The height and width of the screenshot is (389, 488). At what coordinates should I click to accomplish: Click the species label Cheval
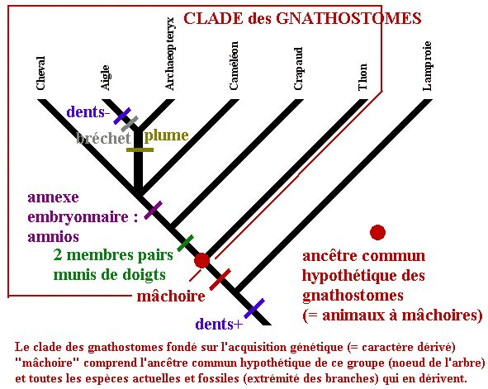click(40, 74)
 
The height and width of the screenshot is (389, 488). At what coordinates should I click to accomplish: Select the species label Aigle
click(106, 78)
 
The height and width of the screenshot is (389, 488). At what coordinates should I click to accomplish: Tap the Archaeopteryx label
click(169, 55)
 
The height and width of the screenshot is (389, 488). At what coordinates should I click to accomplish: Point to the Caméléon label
click(234, 66)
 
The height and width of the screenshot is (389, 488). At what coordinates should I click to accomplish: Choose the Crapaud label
click(298, 69)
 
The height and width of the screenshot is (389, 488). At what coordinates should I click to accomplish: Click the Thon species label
click(362, 77)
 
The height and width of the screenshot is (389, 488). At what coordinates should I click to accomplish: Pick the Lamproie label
click(427, 66)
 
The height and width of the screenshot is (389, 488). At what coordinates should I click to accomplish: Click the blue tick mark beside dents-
click(122, 116)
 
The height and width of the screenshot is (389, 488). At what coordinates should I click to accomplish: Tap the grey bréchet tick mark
click(130, 124)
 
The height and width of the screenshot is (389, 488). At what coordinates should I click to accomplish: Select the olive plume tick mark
click(140, 150)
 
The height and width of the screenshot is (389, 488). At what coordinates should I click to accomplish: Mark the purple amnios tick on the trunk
click(153, 210)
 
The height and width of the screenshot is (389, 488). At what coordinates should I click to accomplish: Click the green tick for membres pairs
click(185, 243)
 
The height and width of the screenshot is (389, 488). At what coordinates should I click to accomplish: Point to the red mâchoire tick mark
click(220, 279)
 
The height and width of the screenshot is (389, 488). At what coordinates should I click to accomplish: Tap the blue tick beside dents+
click(254, 308)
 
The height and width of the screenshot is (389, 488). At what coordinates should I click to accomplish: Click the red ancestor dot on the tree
click(201, 260)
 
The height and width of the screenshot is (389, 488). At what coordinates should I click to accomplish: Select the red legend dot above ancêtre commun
click(377, 232)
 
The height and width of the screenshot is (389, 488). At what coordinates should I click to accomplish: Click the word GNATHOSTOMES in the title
click(349, 18)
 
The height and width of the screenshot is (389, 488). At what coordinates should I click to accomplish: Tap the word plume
click(167, 135)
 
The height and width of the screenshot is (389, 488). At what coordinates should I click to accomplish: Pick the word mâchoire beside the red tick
click(171, 296)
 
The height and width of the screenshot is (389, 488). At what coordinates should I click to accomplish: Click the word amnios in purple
click(53, 236)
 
